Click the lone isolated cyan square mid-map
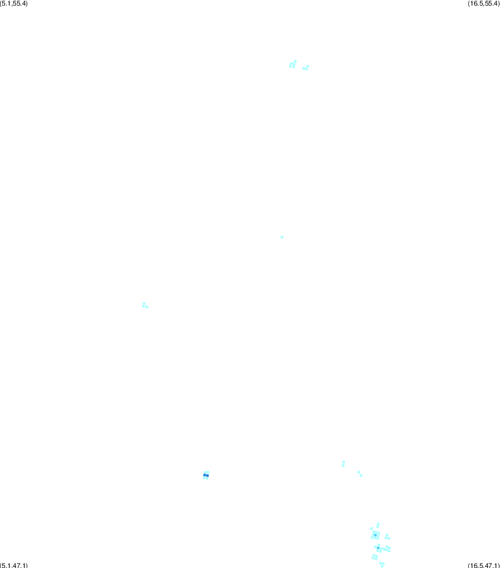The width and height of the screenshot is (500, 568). (282, 237)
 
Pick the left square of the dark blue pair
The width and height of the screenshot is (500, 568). (205, 475)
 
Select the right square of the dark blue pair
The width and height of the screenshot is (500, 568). (207, 476)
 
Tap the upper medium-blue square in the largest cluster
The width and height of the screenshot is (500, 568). (375, 535)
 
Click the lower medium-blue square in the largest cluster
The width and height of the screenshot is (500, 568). (378, 548)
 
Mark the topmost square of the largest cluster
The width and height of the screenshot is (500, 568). (378, 524)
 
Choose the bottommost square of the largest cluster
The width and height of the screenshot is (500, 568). (382, 566)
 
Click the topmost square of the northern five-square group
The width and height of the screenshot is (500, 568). (295, 61)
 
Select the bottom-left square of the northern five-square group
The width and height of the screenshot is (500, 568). (290, 66)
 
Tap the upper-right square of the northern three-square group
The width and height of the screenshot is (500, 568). (308, 66)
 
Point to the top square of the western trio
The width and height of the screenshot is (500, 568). (144, 303)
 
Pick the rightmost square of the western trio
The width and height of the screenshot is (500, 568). (146, 307)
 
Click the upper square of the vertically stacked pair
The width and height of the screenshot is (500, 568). (344, 462)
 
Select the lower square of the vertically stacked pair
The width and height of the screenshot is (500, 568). (343, 466)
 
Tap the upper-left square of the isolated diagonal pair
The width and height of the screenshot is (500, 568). (359, 472)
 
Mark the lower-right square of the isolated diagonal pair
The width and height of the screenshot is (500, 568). (361, 475)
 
